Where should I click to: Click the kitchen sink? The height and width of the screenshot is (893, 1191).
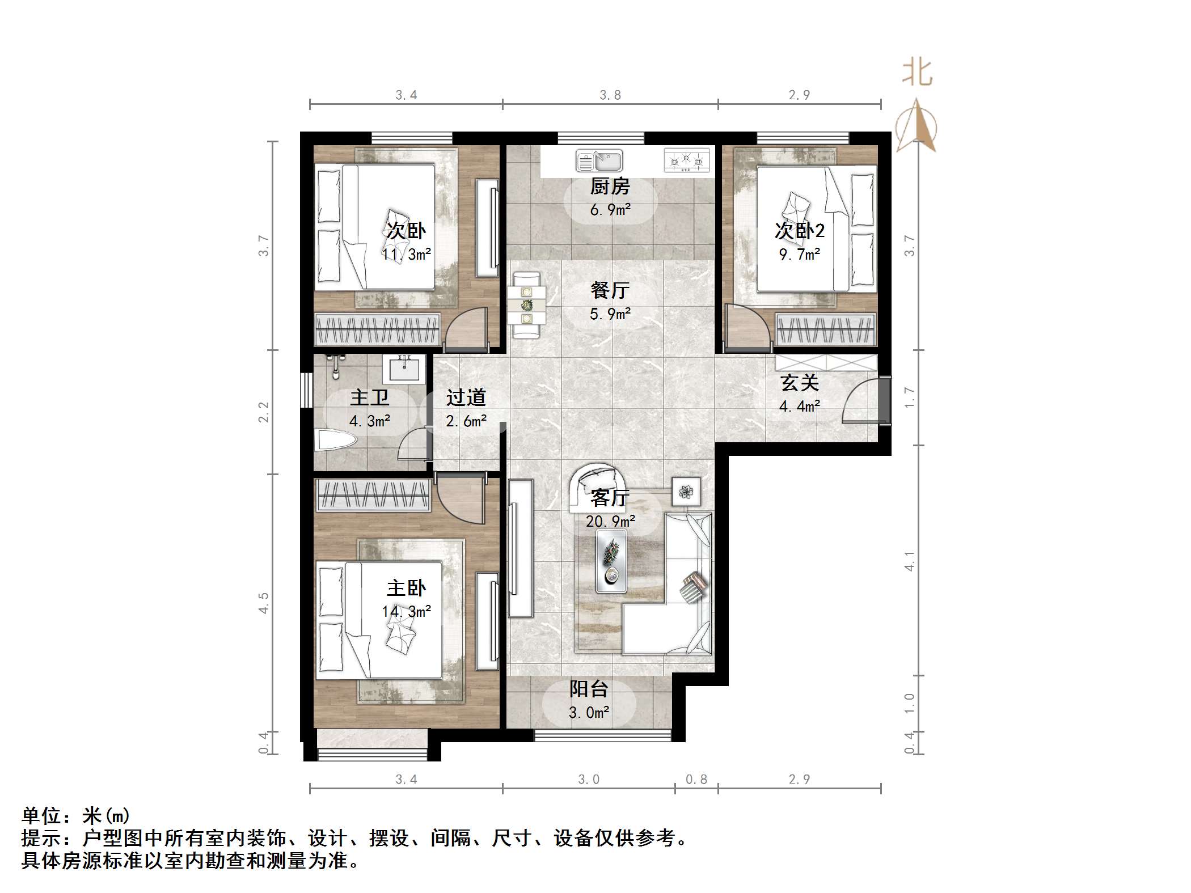[x=599, y=160]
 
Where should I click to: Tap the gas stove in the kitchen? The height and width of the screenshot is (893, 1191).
[x=686, y=160]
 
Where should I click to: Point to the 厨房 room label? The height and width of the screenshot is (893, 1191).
[x=610, y=186]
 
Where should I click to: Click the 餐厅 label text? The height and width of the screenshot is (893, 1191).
[x=610, y=290]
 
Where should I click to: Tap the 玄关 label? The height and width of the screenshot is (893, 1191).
[x=800, y=383]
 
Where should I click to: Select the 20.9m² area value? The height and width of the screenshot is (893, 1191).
[x=610, y=521]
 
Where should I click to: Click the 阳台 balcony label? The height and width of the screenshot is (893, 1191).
[x=589, y=689]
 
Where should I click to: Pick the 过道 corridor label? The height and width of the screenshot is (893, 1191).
[x=466, y=397]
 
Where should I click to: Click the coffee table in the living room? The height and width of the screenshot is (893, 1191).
[x=611, y=561]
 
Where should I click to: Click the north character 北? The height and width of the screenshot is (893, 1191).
[x=917, y=73]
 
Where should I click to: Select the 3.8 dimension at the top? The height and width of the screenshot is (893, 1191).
[x=610, y=95]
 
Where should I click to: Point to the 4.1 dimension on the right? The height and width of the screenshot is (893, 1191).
[x=909, y=561]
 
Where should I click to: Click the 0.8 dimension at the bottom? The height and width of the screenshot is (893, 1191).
[x=696, y=780]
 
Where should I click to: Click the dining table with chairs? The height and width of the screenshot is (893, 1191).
[x=527, y=306]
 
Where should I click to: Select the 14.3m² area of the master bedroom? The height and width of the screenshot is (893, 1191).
[x=406, y=612]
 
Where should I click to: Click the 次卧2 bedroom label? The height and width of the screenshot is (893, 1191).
[x=799, y=231]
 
